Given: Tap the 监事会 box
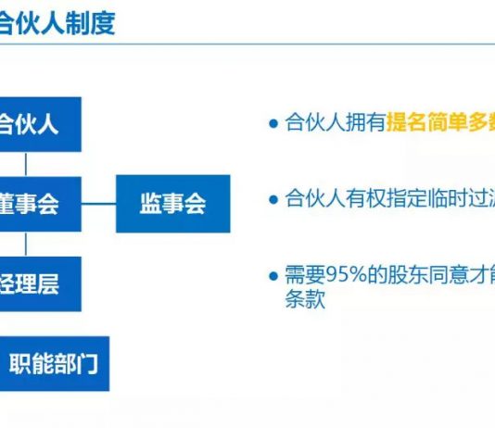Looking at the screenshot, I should point(172,204).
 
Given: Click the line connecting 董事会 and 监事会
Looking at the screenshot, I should point(98,204).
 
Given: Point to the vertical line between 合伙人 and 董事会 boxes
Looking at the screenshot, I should point(26,163).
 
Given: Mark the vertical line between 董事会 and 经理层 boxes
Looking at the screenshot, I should point(26,243).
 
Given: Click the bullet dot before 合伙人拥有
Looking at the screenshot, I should point(273,124).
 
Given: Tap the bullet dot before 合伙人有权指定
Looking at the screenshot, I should point(273,200).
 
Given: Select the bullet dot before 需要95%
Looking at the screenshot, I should point(273,276).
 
